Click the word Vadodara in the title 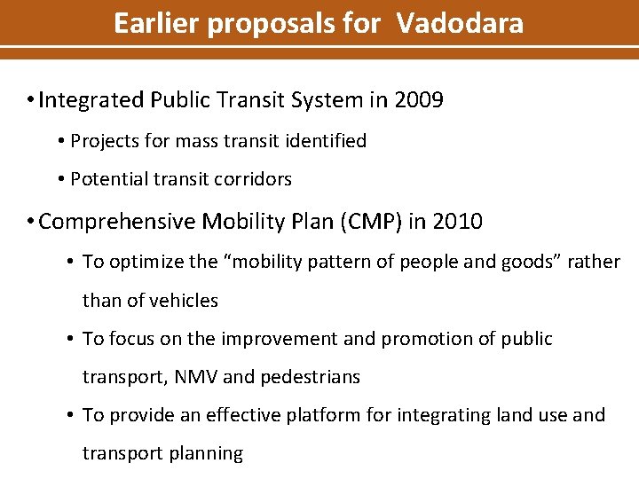click(x=460, y=23)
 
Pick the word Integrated click(x=91, y=100)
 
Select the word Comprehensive click(x=118, y=222)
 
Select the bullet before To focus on click(x=71, y=339)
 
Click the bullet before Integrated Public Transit click(x=31, y=100)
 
